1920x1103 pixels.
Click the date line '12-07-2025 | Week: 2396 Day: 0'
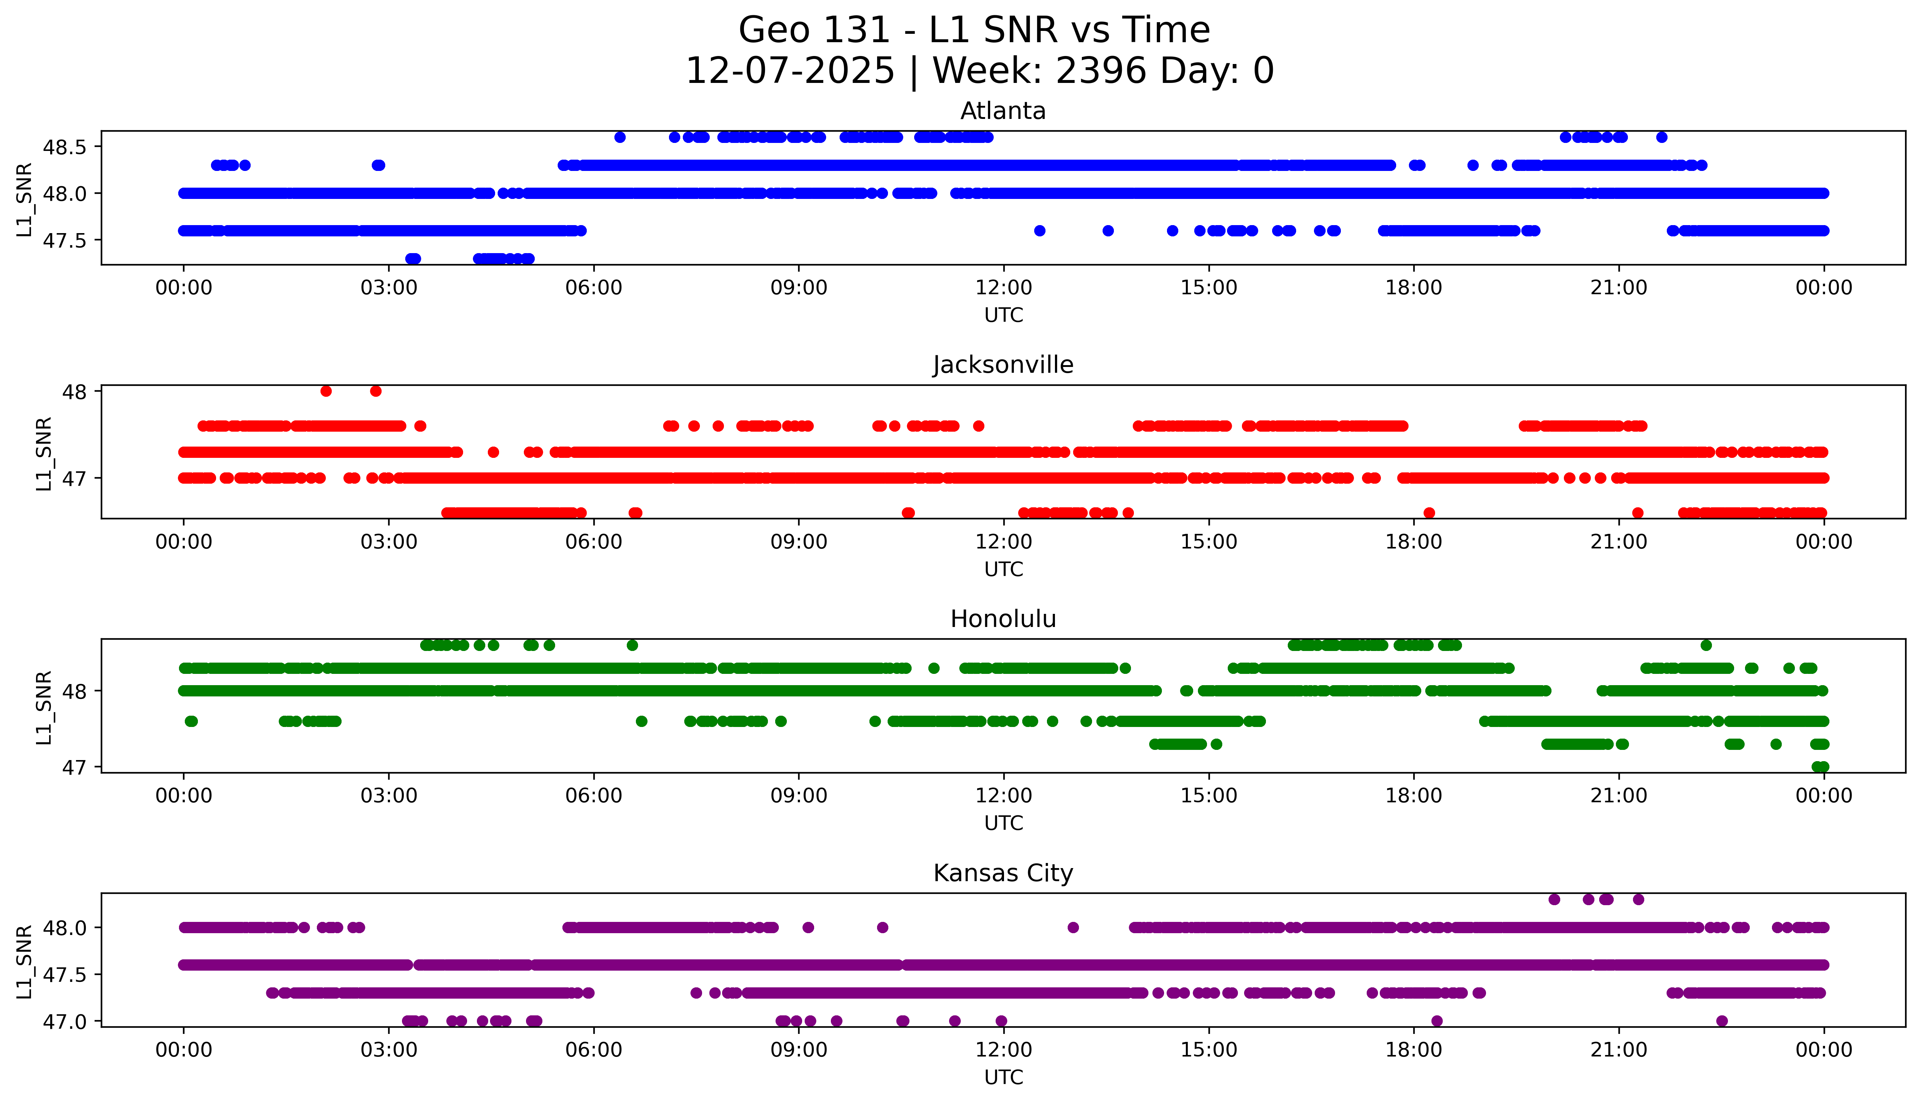click(x=979, y=71)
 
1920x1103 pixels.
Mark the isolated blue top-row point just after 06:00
click(x=620, y=137)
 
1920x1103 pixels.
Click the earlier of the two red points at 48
click(x=326, y=391)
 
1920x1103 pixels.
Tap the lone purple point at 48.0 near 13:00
click(x=1073, y=927)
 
